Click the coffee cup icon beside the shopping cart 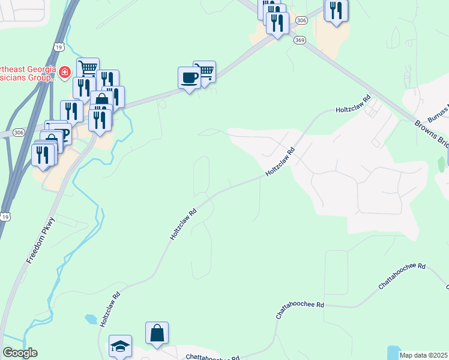190,78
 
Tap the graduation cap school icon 120,346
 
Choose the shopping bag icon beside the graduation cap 157,333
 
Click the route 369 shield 300,40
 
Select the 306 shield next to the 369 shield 301,20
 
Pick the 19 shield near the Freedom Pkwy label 5,215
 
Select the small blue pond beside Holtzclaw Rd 91,319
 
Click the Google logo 20,353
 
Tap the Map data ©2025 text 424,355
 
